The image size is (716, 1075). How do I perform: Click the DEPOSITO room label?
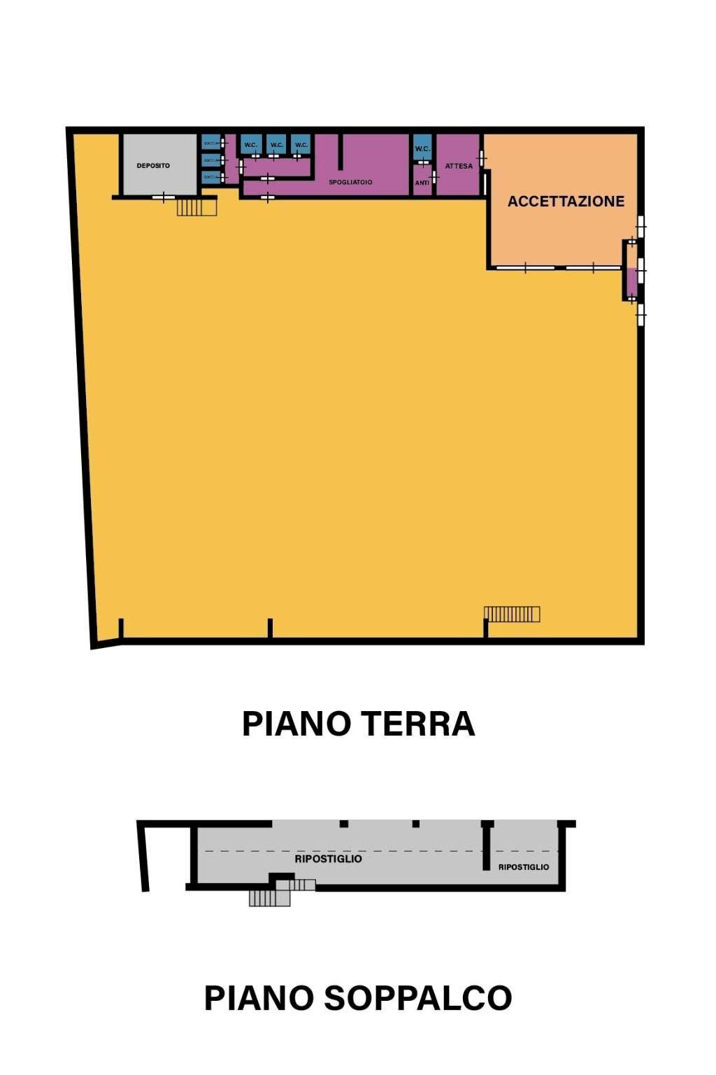(153, 166)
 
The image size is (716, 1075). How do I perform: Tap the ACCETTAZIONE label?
(566, 202)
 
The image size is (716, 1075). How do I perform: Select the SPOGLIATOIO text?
(350, 183)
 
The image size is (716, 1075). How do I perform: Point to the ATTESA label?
(459, 167)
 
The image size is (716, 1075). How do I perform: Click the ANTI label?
(422, 183)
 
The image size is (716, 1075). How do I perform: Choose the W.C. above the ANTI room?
(422, 148)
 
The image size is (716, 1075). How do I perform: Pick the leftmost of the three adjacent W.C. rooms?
(251, 145)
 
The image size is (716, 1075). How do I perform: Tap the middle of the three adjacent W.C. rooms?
(276, 145)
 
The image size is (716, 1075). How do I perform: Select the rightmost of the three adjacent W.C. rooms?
(301, 145)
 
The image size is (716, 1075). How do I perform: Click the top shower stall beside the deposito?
(211, 143)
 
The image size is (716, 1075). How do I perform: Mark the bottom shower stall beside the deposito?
(211, 176)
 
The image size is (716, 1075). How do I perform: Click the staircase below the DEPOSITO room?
(196, 207)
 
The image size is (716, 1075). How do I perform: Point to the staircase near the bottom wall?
(512, 614)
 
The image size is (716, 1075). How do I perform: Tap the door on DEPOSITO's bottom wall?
(164, 197)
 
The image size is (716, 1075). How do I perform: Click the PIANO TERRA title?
(358, 724)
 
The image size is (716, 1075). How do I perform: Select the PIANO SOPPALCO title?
(358, 998)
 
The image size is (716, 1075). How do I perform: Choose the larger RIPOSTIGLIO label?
(328, 859)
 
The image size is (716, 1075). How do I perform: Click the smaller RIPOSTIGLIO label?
(523, 867)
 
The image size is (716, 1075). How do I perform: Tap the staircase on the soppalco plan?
(270, 897)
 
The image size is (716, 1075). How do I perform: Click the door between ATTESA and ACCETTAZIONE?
(481, 158)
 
